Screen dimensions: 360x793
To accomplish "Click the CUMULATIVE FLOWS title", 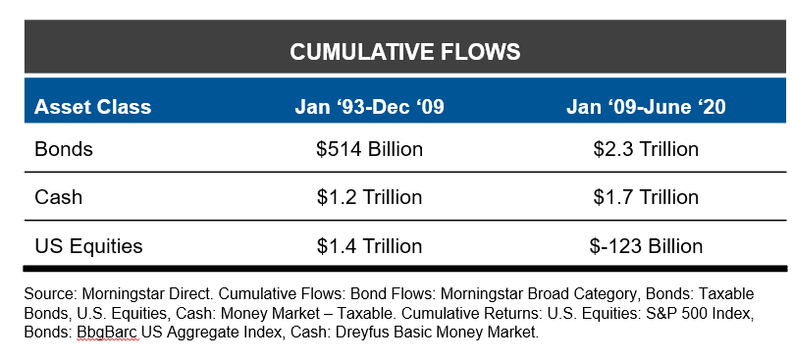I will (404, 51).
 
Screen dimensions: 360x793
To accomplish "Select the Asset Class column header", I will (93, 107).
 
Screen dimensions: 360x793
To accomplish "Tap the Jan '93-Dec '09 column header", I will (369, 107).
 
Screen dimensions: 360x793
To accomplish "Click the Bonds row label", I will (63, 149).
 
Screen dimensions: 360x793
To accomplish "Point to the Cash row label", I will (58, 197).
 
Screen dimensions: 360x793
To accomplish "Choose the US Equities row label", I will (88, 245).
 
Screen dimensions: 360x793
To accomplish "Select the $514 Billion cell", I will (369, 149).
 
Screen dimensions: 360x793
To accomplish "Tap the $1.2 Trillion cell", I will (369, 197).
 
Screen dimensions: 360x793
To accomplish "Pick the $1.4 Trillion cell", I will (369, 245).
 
